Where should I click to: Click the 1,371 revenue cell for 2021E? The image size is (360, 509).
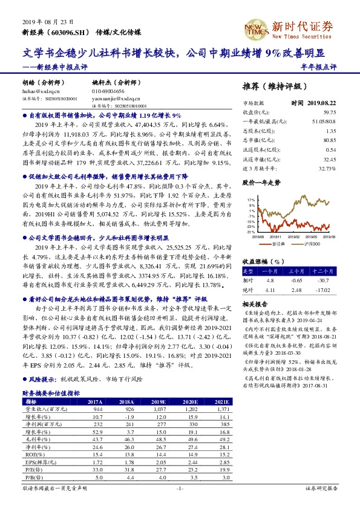(220, 408)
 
